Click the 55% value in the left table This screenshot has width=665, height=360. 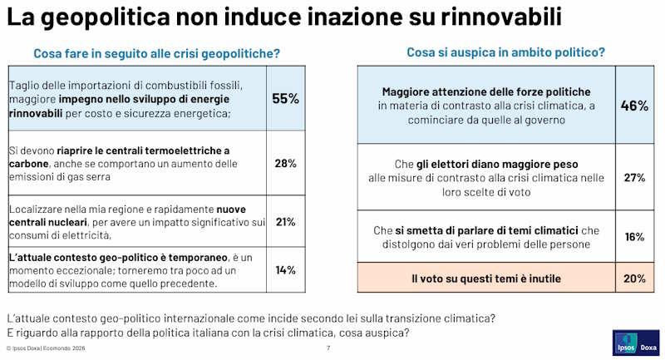point(285,99)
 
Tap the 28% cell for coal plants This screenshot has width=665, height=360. point(285,163)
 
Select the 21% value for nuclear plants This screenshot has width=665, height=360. point(285,222)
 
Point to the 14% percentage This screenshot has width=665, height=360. point(285,270)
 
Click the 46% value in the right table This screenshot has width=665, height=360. point(634,106)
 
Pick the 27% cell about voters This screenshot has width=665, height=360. point(634,178)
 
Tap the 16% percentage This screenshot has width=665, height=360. point(634,237)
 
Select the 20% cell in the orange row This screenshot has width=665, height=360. point(634,279)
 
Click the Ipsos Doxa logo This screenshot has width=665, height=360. point(636,343)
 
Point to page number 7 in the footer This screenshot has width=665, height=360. point(328,348)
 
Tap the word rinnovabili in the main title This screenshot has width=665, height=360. point(501,17)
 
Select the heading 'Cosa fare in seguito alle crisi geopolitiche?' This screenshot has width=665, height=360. point(157,54)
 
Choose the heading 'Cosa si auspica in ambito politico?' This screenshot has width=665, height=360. point(506,52)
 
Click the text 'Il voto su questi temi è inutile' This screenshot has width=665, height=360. point(486,279)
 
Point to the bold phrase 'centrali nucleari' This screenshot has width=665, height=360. point(48,222)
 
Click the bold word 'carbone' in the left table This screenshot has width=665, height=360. point(28,164)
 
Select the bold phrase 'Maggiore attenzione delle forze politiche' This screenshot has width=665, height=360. point(486,92)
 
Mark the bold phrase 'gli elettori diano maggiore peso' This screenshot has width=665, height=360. point(497,165)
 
